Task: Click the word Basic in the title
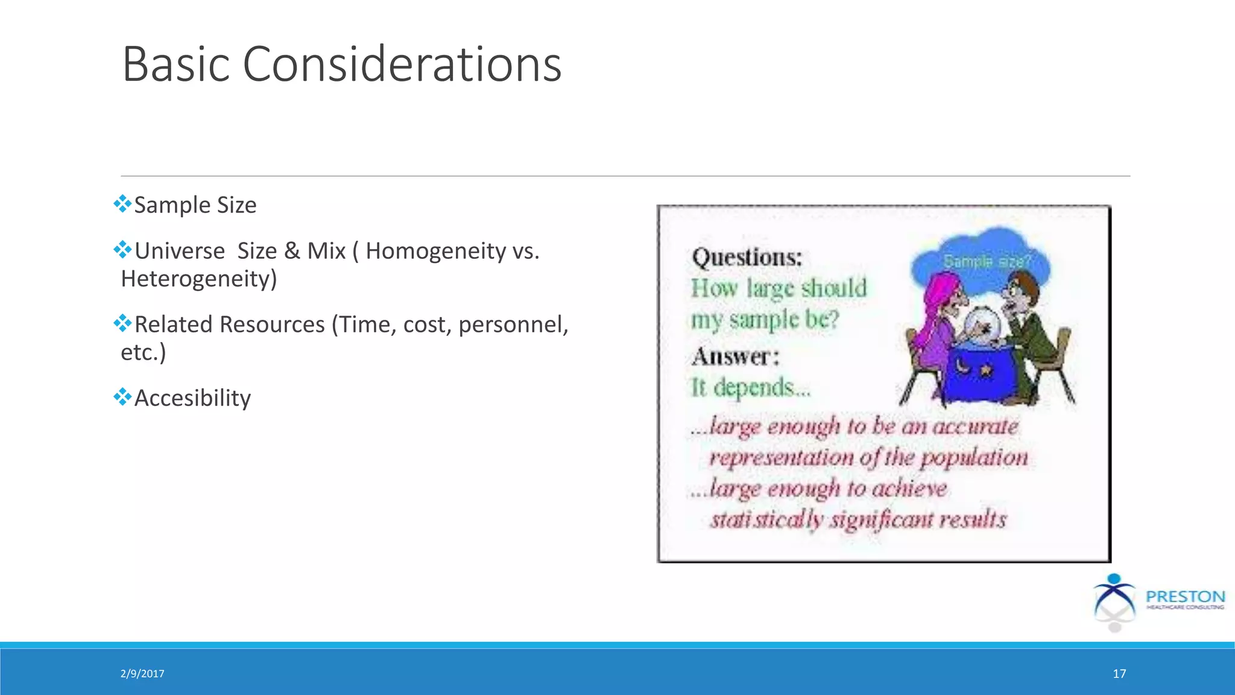pos(175,65)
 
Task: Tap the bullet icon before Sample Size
pos(122,204)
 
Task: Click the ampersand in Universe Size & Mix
pos(292,251)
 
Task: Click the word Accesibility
pos(192,398)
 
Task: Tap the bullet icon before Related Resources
pos(122,323)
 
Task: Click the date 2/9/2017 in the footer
pos(142,674)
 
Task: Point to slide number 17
pos(1119,674)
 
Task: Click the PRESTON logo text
pos(1185,597)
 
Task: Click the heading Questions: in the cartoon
pos(747,258)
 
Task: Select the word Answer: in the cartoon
pos(735,357)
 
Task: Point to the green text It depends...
pos(750,387)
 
